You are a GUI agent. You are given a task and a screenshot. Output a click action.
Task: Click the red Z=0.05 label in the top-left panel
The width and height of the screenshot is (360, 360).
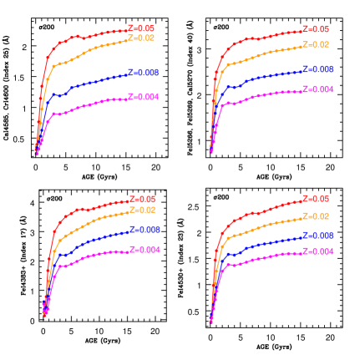pos(141,28)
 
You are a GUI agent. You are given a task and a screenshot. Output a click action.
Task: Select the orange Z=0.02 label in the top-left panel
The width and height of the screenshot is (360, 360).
pos(141,38)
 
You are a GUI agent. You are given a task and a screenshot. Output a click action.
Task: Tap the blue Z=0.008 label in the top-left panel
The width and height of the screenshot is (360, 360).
pos(144,73)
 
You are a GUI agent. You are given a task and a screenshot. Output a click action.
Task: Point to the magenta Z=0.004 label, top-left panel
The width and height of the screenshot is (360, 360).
pos(144,97)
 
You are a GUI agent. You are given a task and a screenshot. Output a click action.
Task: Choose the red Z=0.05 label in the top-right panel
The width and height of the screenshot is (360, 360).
pos(315,29)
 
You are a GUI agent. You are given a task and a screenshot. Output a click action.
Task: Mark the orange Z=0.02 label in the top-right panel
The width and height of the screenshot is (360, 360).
pos(315,44)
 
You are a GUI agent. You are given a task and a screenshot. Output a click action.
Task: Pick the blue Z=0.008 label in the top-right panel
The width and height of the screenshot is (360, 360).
pos(317,69)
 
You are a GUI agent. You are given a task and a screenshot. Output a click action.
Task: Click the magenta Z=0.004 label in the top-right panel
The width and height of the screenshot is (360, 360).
pos(317,89)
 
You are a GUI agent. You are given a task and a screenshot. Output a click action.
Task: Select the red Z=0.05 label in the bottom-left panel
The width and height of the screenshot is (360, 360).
pos(142,199)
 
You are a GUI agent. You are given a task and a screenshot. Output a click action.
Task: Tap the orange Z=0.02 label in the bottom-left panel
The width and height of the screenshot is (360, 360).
pos(142,210)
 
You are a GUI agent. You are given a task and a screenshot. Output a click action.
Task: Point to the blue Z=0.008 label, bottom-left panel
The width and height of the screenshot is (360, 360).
pos(145,230)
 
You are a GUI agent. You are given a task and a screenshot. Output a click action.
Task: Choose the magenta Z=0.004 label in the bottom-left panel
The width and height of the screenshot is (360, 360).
pos(145,250)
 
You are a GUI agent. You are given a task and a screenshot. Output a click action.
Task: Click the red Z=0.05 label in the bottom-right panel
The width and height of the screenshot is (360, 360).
pos(315,199)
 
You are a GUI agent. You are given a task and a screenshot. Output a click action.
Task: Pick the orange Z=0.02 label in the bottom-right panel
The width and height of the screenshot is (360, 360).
pos(315,216)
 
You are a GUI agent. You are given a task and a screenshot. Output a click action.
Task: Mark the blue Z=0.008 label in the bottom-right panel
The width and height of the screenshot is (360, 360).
pos(317,236)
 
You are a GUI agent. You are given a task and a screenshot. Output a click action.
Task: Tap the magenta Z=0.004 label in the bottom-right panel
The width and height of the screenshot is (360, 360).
pos(317,251)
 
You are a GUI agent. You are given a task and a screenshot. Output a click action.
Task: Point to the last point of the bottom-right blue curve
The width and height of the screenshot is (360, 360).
pos(300,237)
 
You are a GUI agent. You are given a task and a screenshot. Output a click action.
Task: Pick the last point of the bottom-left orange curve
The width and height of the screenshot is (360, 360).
pos(127,211)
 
